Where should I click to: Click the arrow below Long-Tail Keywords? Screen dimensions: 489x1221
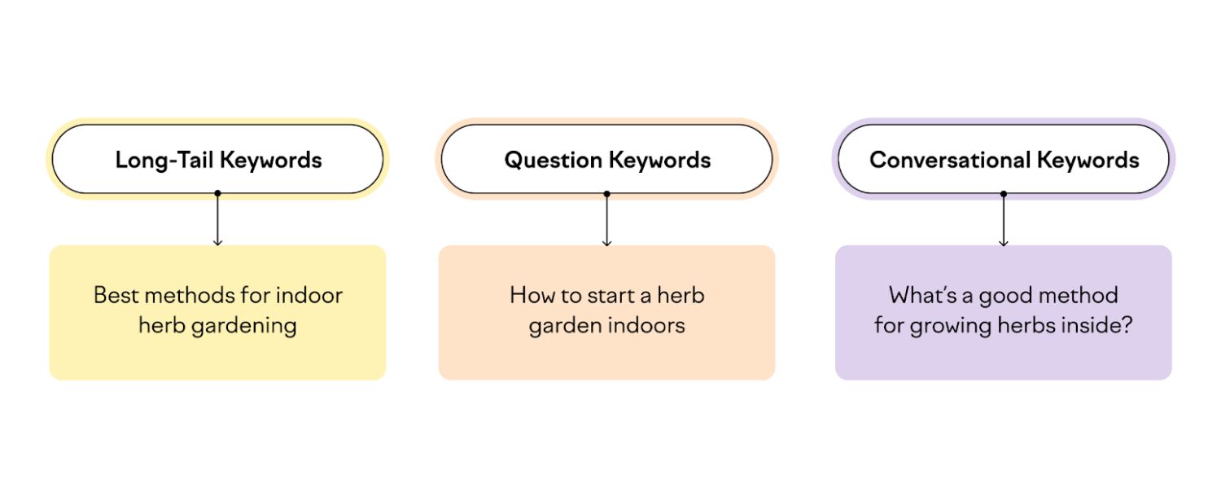pos(217,220)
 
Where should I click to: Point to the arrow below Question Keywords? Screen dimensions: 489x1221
pos(606,220)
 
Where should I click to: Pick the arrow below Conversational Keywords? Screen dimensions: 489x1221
pos(1004,220)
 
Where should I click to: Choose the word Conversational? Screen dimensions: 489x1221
pos(937,160)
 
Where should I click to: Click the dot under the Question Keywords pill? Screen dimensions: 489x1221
pos(606,194)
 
